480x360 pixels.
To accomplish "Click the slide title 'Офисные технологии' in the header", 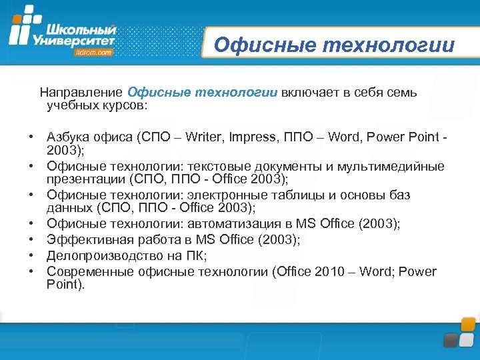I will click(x=334, y=45).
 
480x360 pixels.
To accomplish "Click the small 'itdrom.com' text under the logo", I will click(x=94, y=52).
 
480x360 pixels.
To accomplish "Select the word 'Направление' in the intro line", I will click(x=81, y=93).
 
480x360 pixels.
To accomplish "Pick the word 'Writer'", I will click(x=203, y=137).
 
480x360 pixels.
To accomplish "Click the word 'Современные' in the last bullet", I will click(x=85, y=271).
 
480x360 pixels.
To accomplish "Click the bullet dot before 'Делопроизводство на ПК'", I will click(x=31, y=255).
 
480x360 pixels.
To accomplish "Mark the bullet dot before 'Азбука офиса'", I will click(x=31, y=137).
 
